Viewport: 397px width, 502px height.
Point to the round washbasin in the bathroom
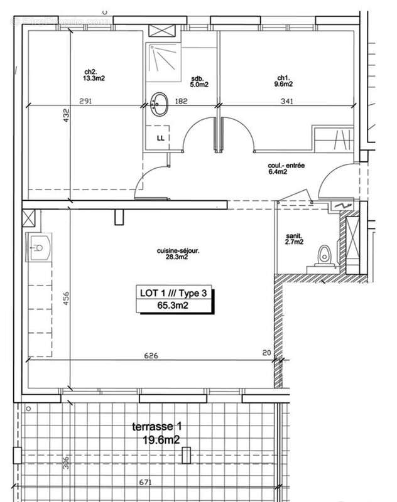click(x=160, y=104)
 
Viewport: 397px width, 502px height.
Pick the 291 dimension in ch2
click(x=86, y=100)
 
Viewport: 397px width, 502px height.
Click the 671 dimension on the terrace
click(x=145, y=482)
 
